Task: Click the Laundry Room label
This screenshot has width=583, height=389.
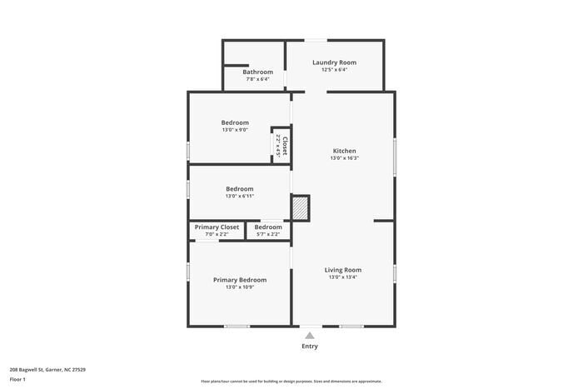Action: point(334,62)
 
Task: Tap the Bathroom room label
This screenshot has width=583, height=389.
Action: point(258,72)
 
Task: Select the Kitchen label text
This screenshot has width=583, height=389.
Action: point(344,151)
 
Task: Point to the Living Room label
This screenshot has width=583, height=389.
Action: point(343,270)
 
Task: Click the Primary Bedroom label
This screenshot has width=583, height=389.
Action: point(240,280)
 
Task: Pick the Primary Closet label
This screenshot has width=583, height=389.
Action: point(217,227)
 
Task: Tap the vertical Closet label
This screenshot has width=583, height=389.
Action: point(284,147)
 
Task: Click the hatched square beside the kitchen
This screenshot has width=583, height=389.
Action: point(300,207)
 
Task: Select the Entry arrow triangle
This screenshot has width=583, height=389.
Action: point(310,335)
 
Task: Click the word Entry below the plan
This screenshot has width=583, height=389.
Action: point(310,347)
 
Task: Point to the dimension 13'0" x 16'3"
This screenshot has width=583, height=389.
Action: point(344,158)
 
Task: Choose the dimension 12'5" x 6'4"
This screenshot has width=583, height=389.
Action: point(334,70)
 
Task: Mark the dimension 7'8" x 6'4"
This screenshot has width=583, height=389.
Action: point(258,80)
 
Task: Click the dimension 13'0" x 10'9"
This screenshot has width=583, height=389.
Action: point(240,287)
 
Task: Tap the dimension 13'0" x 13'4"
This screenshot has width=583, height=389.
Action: point(343,277)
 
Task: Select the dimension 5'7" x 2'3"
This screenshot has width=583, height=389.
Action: point(268,235)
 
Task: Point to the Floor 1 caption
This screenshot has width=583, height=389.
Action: point(17,380)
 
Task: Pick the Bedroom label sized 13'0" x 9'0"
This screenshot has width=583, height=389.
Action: point(235,122)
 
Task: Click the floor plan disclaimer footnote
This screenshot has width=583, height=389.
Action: point(291,381)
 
